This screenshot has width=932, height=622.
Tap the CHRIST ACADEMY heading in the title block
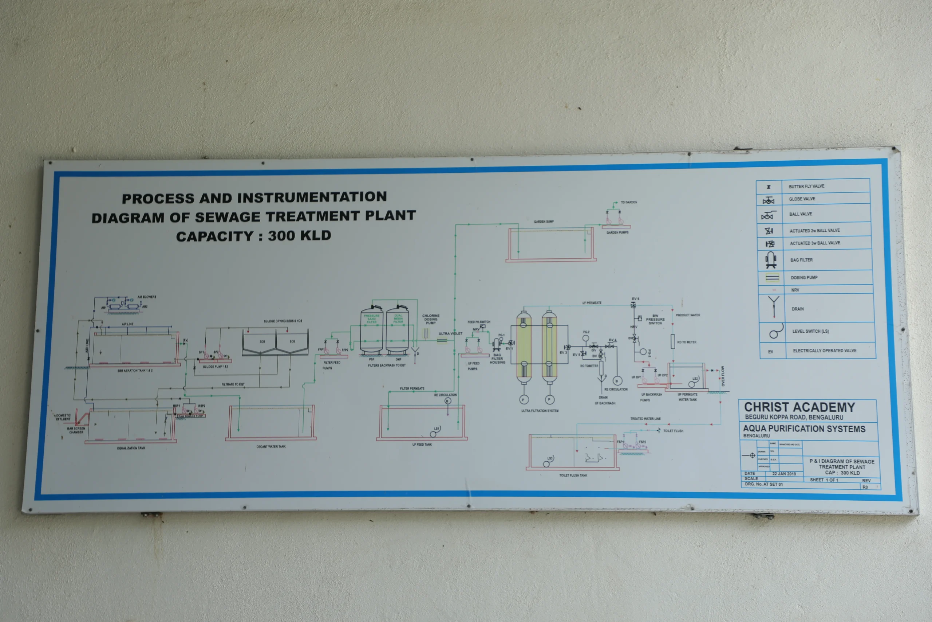tap(799, 407)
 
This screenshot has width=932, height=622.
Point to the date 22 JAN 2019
tap(784, 474)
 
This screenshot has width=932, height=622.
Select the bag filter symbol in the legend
tap(771, 260)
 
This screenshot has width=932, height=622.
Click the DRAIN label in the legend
tap(798, 309)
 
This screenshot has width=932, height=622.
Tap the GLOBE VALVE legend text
tap(802, 199)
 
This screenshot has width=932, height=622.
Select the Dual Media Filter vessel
tap(398, 329)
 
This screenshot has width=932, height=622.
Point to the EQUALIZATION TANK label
tap(131, 448)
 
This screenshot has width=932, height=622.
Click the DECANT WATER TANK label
tap(270, 447)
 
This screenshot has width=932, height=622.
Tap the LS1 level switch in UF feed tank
tap(434, 434)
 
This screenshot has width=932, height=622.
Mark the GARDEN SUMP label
tap(544, 221)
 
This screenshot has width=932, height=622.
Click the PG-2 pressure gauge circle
tap(586, 339)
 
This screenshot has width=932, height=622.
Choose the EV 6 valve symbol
tap(633, 305)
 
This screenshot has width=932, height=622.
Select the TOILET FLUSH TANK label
tap(573, 475)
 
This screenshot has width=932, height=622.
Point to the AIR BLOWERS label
tap(147, 297)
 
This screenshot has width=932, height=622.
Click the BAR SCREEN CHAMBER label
tap(76, 430)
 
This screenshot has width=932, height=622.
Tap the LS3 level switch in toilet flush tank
tap(546, 464)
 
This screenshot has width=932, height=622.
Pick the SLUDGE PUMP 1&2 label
tap(215, 367)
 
